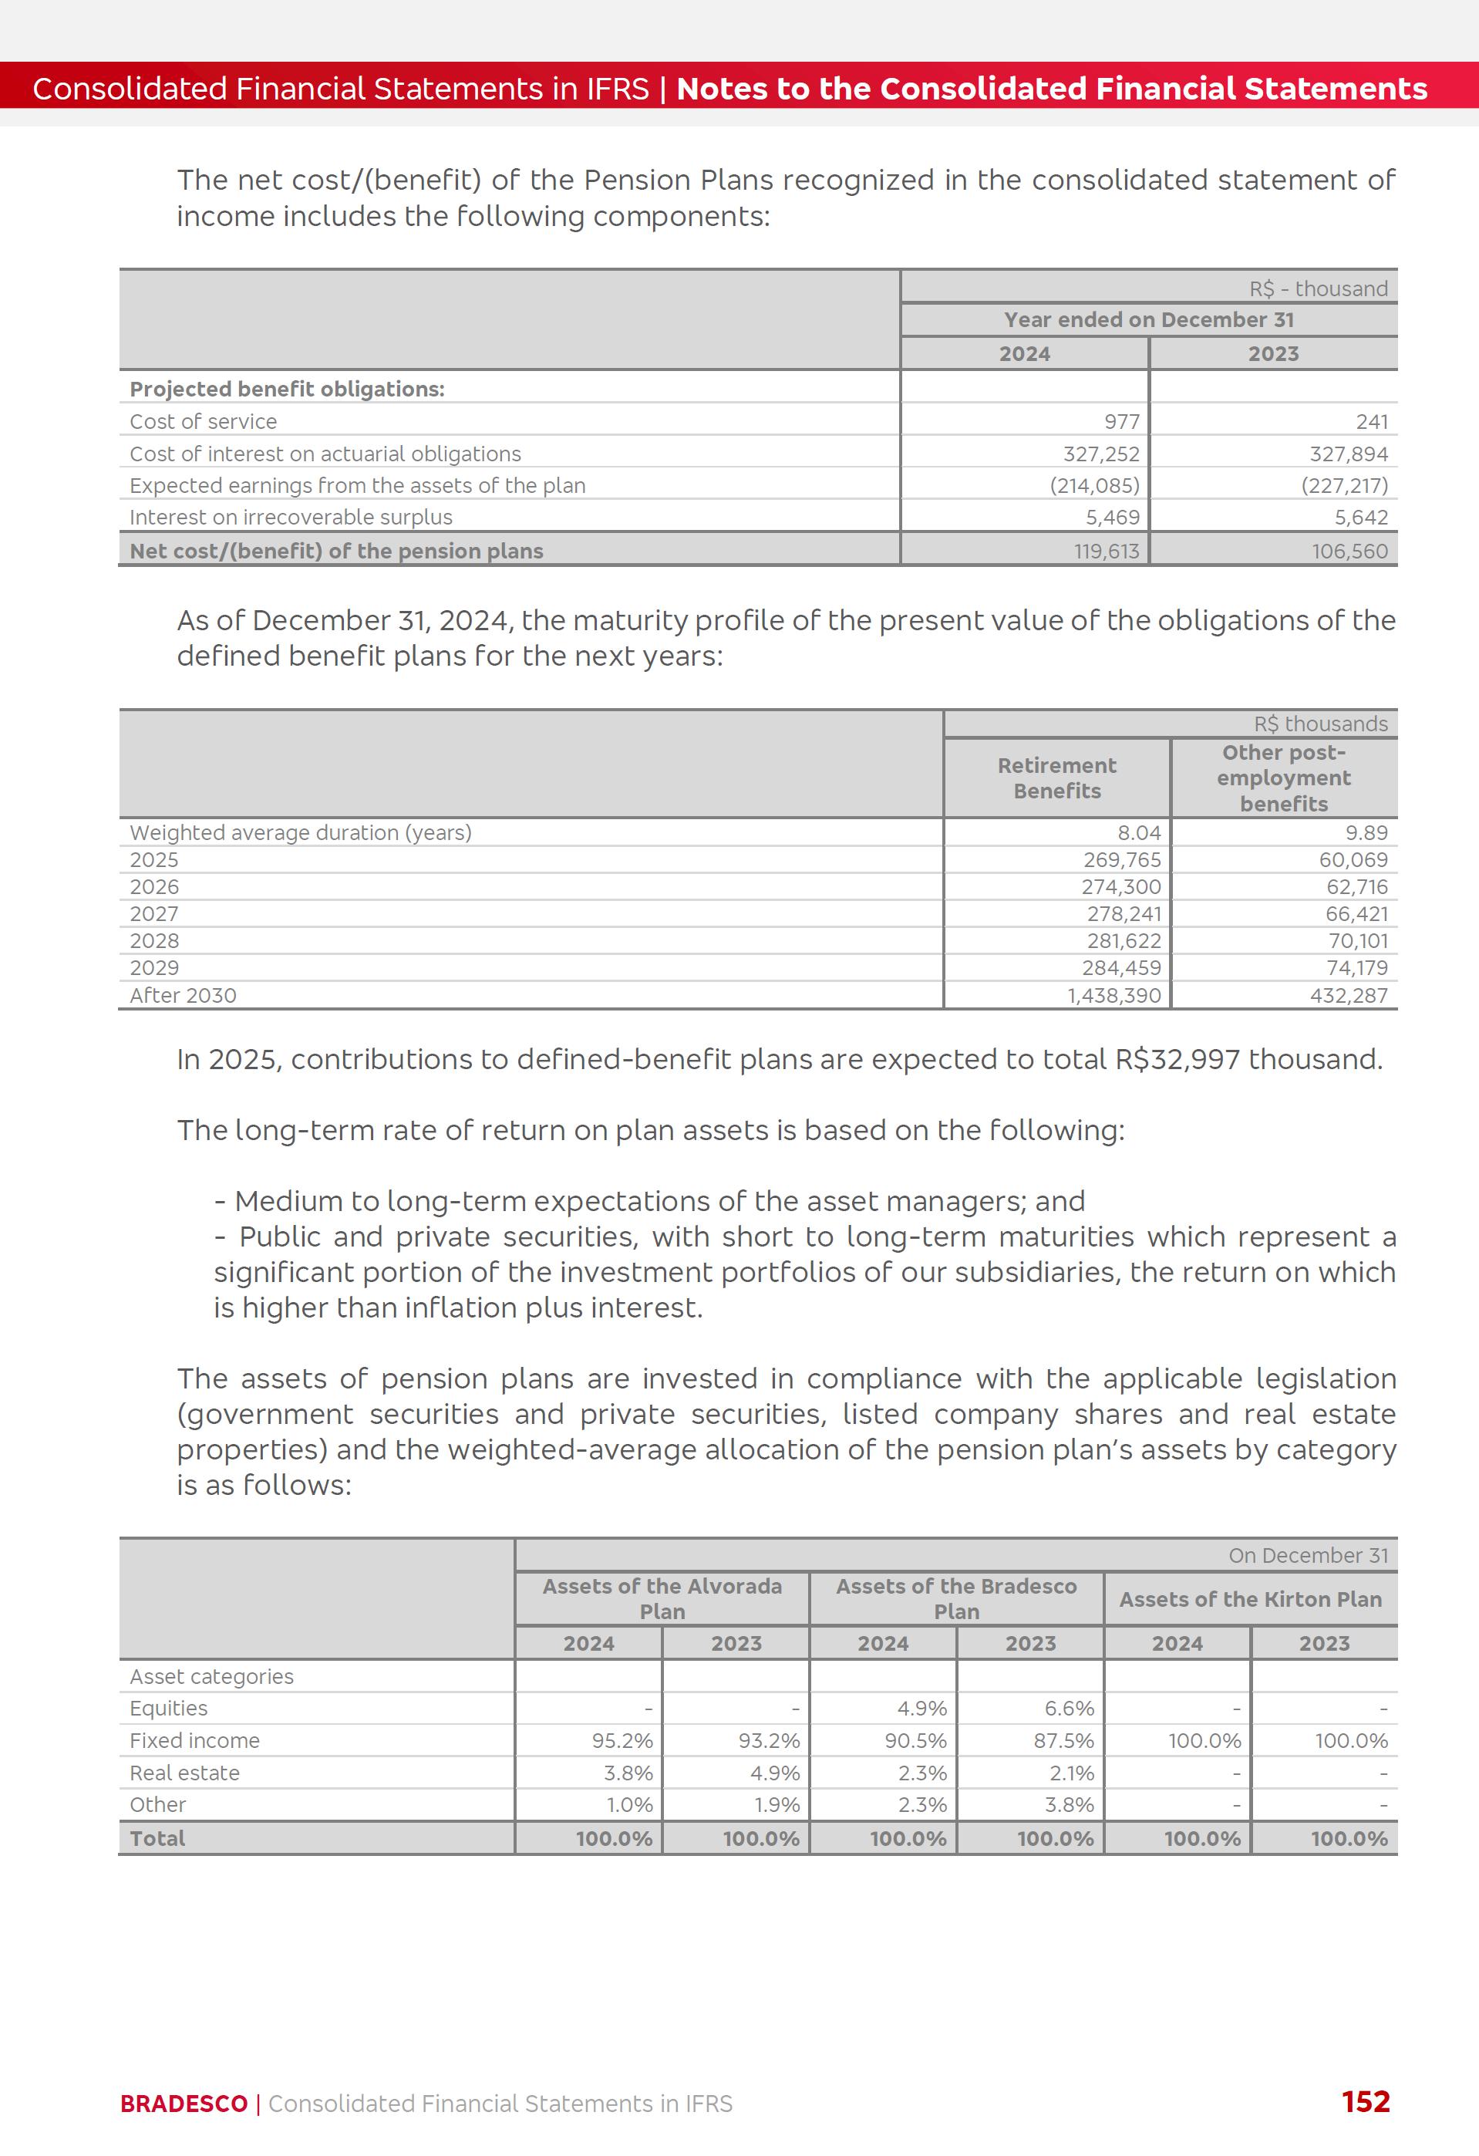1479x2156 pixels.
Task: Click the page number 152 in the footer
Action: [x=1365, y=2101]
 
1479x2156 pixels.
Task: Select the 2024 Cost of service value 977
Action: [x=1121, y=421]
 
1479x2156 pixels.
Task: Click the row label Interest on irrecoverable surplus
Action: [x=291, y=517]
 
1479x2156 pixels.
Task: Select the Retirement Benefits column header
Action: [x=1056, y=778]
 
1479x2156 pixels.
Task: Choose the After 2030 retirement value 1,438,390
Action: [x=1113, y=995]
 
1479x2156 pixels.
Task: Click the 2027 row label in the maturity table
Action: [x=154, y=914]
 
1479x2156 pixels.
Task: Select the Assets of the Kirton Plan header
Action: [x=1250, y=1598]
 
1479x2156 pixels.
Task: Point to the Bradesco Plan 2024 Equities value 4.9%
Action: [x=921, y=1708]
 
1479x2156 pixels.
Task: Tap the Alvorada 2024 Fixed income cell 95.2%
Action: [x=622, y=1740]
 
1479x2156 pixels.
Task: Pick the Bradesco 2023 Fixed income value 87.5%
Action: [x=1063, y=1740]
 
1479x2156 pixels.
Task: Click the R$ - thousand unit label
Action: [x=1318, y=288]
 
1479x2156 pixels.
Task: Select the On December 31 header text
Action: [x=1308, y=1555]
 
